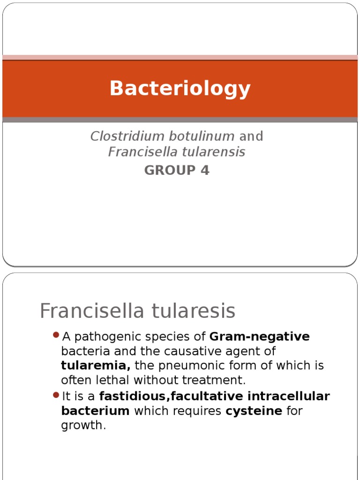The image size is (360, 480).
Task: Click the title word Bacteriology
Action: [x=180, y=89]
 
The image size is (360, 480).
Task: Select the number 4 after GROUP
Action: [x=205, y=171]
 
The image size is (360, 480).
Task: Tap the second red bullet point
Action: [x=57, y=395]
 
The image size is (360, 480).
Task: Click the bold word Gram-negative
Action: [x=260, y=337]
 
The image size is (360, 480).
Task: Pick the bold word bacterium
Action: [x=95, y=411]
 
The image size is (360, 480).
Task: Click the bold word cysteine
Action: [x=254, y=411]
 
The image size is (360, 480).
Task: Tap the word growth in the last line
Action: [x=82, y=426]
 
